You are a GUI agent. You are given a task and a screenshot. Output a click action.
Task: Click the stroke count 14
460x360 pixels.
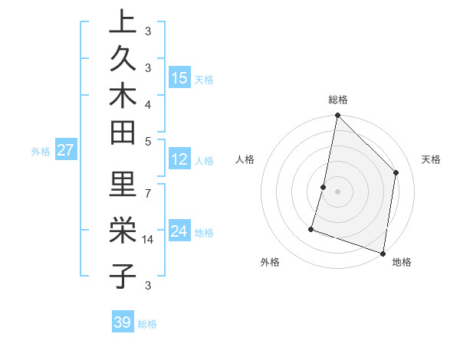click(148, 240)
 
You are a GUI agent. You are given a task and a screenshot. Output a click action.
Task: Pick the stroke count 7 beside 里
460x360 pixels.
click(148, 191)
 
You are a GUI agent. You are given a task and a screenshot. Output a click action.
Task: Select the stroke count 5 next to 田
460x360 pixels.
click(148, 141)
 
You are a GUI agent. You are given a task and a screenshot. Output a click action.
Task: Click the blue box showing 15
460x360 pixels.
click(179, 78)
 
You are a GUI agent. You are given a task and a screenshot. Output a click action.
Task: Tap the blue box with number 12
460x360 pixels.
click(179, 159)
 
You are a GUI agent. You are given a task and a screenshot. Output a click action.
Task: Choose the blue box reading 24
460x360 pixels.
click(179, 231)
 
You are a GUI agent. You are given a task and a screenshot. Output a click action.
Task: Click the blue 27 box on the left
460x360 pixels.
click(65, 150)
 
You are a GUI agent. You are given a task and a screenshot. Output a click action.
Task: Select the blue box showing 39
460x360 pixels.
click(123, 322)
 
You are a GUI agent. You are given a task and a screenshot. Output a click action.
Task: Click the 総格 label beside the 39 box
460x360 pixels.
click(148, 324)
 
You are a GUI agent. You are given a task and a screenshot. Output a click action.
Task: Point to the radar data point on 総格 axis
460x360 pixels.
click(337, 116)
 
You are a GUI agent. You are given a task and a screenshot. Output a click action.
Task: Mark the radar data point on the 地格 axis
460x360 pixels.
click(383, 253)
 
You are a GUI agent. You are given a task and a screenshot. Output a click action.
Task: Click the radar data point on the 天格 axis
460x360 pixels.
click(396, 172)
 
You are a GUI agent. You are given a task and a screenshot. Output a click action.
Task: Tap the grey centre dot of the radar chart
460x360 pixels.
click(337, 191)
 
